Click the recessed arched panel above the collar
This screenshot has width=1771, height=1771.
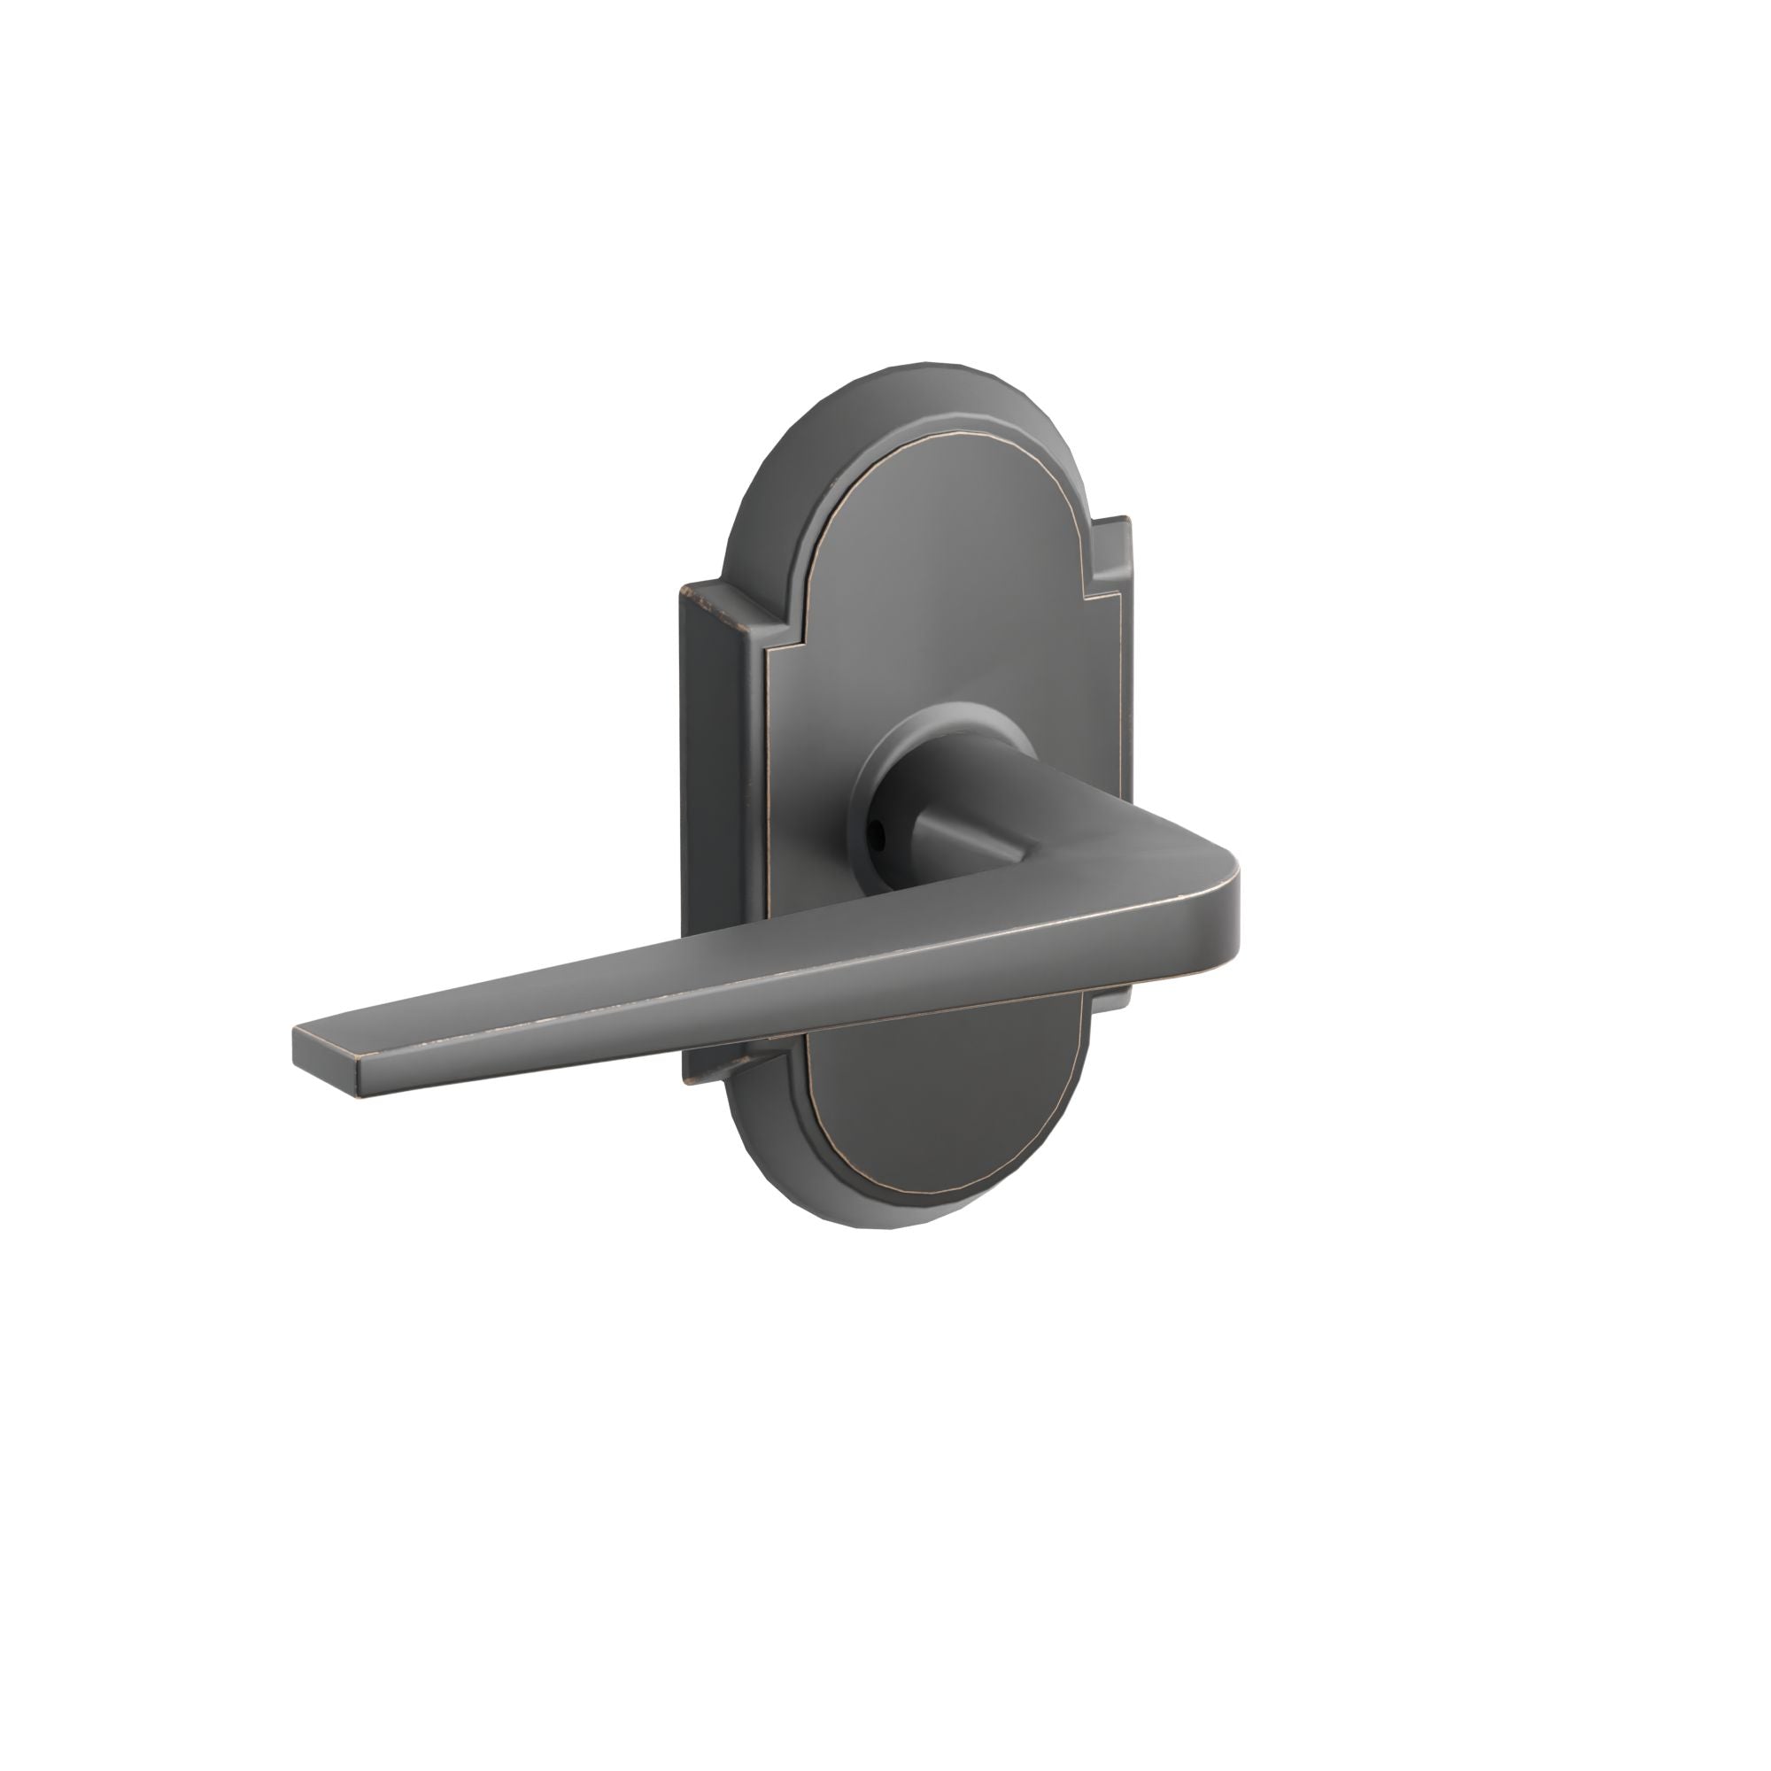(944, 587)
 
